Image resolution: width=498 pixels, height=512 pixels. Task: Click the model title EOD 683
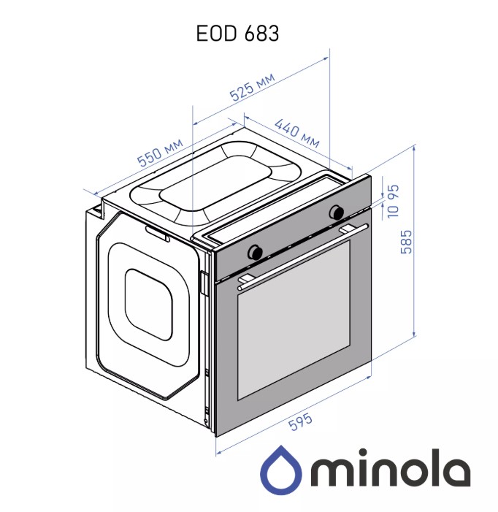pyautogui.click(x=237, y=34)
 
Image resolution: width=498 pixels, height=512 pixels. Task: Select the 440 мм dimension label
pyautogui.click(x=297, y=133)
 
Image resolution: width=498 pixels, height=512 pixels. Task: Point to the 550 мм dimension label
pyautogui.click(x=160, y=153)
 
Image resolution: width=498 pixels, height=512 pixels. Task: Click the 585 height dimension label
pyautogui.click(x=406, y=242)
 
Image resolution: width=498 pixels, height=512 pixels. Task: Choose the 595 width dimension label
pyautogui.click(x=301, y=422)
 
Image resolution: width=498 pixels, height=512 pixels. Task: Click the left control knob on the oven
pyautogui.click(x=255, y=252)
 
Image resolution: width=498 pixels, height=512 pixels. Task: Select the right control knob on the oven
pyautogui.click(x=336, y=212)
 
